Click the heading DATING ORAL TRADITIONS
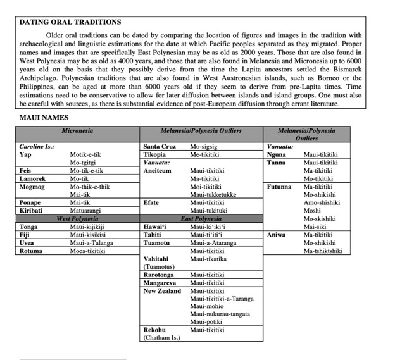tap(69, 22)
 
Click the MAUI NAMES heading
tap(44, 118)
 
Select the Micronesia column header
tap(77, 130)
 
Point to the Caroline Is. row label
tap(37, 146)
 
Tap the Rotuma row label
tap(30, 251)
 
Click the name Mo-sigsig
tap(207, 146)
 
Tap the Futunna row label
tap(279, 187)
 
